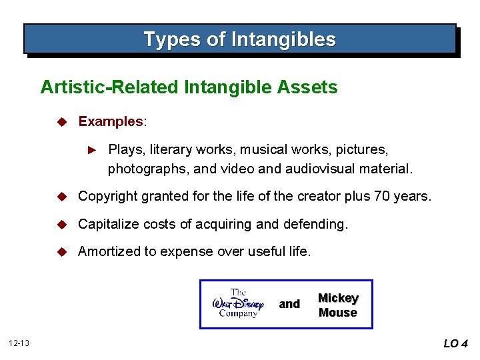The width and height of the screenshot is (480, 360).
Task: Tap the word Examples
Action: coord(111,122)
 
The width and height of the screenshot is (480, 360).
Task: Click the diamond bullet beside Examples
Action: coord(61,122)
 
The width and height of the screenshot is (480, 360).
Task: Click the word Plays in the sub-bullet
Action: coord(125,149)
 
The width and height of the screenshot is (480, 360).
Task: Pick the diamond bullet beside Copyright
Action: coord(61,197)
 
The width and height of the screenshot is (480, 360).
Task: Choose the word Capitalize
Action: coord(107,224)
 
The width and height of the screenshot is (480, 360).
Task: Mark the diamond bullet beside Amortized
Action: coord(61,251)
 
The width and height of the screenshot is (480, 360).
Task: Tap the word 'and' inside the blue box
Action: coord(289,304)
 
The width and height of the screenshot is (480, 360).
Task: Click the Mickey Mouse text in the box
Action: coord(338,305)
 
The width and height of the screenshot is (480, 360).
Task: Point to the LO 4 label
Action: coord(455,343)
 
